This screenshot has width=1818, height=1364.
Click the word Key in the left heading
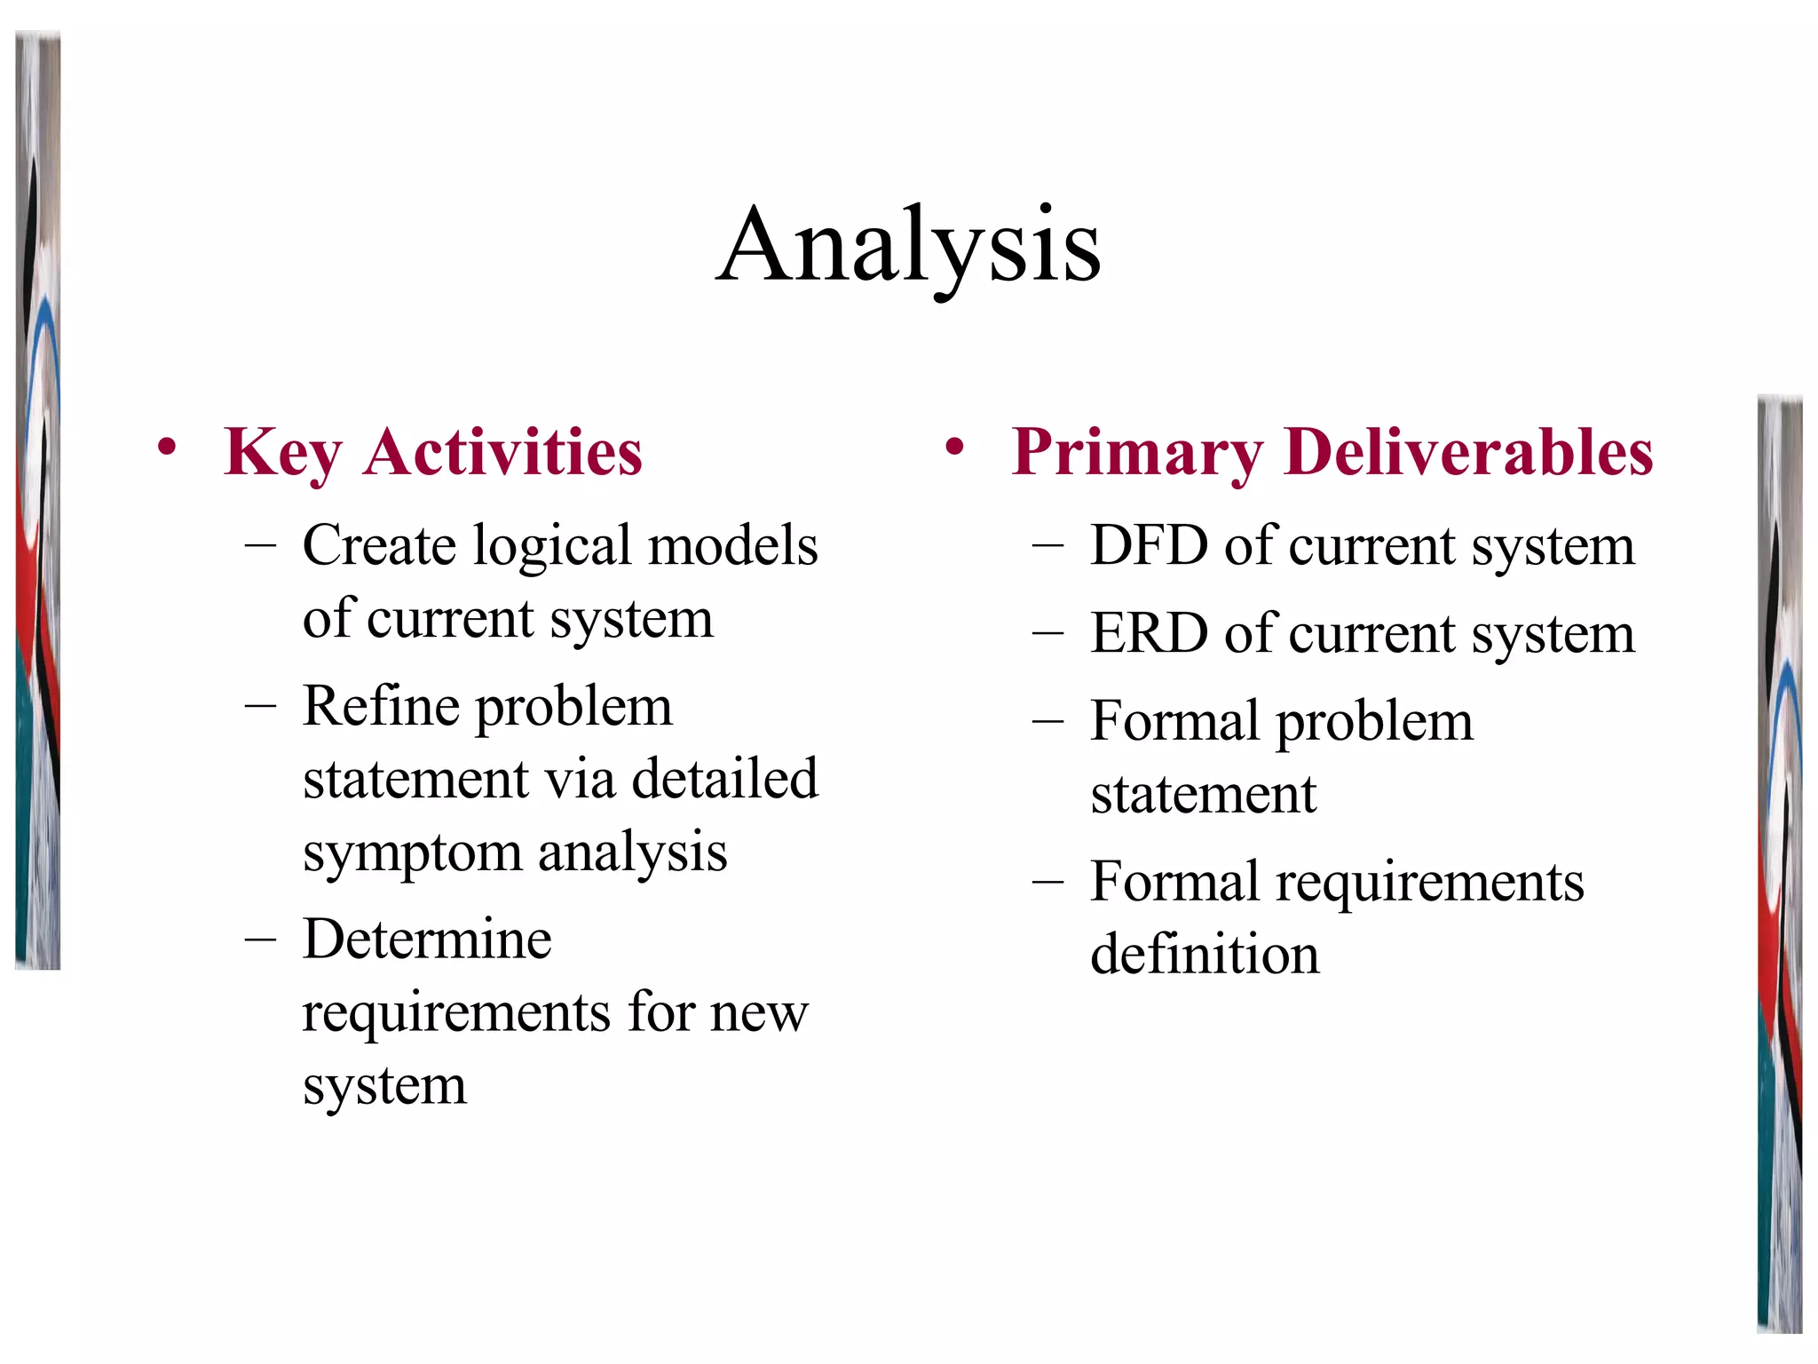(x=282, y=453)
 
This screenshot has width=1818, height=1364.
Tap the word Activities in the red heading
(x=502, y=453)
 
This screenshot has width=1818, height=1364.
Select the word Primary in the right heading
(x=1137, y=453)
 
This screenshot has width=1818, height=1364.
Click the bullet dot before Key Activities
(x=166, y=448)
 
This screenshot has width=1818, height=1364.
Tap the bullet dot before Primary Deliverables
(x=954, y=448)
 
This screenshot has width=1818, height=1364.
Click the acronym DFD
(x=1149, y=545)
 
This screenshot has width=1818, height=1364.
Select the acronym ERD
(x=1149, y=634)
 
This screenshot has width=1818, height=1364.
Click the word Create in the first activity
(x=379, y=545)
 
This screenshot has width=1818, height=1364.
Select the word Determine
(x=427, y=940)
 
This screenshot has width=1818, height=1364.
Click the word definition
(x=1205, y=956)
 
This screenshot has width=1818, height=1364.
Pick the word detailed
(x=724, y=780)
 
